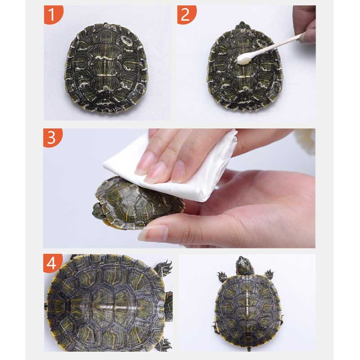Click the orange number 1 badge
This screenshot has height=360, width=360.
(x=53, y=14)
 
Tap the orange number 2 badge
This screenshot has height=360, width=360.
(x=186, y=14)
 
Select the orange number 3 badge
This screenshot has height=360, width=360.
(x=52, y=137)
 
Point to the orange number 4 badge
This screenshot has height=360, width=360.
(x=52, y=263)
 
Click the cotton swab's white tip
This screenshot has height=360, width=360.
(x=244, y=58)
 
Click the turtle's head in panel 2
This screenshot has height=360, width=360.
(x=242, y=26)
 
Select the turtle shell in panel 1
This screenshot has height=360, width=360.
(x=106, y=68)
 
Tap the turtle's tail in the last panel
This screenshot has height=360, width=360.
(x=249, y=348)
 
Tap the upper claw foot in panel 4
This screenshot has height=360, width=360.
(x=163, y=268)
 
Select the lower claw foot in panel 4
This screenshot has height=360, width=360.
(x=164, y=344)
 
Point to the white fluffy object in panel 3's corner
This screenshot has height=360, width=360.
(x=307, y=141)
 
